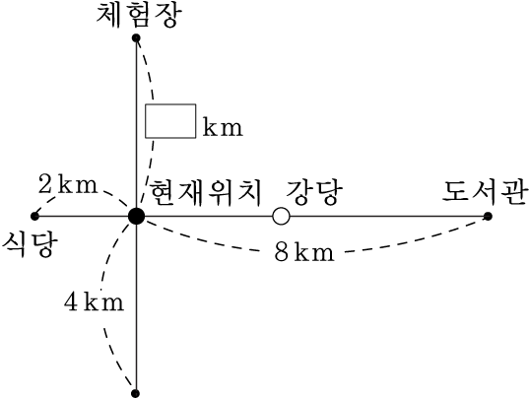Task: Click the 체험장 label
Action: (139, 15)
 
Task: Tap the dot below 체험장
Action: (136, 37)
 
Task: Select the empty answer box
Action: (170, 121)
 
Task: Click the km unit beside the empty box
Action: (223, 127)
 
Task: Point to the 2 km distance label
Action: (68, 184)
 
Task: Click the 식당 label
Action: (30, 244)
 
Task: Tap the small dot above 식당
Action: (34, 216)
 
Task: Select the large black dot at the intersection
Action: (136, 216)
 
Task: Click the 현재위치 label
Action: (205, 192)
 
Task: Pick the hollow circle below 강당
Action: (281, 216)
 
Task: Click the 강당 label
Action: (314, 192)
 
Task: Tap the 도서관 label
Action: (485, 192)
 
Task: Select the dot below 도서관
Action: (488, 216)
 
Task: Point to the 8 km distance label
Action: (304, 252)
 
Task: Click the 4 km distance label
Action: (95, 301)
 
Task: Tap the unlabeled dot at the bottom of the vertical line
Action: (136, 393)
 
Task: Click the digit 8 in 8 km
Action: (282, 252)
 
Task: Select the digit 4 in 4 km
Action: (72, 301)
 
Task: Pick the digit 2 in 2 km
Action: (45, 184)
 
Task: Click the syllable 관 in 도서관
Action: (513, 192)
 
